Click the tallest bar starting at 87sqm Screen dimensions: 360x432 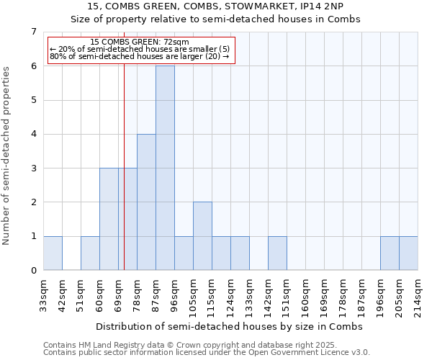click(x=165, y=168)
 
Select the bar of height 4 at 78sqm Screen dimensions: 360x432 click(x=146, y=202)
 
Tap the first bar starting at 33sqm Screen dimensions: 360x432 click(x=53, y=253)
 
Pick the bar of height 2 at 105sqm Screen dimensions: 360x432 click(x=202, y=236)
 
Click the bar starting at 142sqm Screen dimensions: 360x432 click(x=277, y=253)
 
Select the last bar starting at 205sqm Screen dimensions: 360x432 click(x=408, y=253)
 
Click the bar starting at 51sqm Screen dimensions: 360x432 click(x=90, y=253)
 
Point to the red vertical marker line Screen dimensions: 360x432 click(x=125, y=180)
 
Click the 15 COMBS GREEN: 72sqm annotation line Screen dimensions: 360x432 click(x=140, y=42)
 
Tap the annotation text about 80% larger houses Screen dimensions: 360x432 click(x=140, y=56)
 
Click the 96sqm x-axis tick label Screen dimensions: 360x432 click(x=175, y=292)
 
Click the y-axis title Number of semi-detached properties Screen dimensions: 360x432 click(x=7, y=156)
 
